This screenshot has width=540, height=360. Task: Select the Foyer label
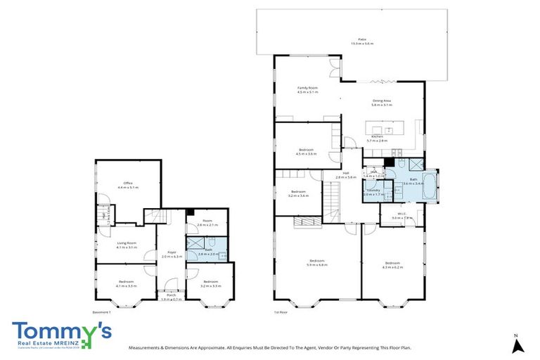(x=172, y=255)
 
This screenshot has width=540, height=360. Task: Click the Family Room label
(x=307, y=89)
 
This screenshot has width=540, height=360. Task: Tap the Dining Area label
(x=382, y=103)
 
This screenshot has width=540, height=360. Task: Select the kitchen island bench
(x=384, y=130)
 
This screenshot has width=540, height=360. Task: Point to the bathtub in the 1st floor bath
(x=430, y=184)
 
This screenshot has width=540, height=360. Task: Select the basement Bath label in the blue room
(x=209, y=251)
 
